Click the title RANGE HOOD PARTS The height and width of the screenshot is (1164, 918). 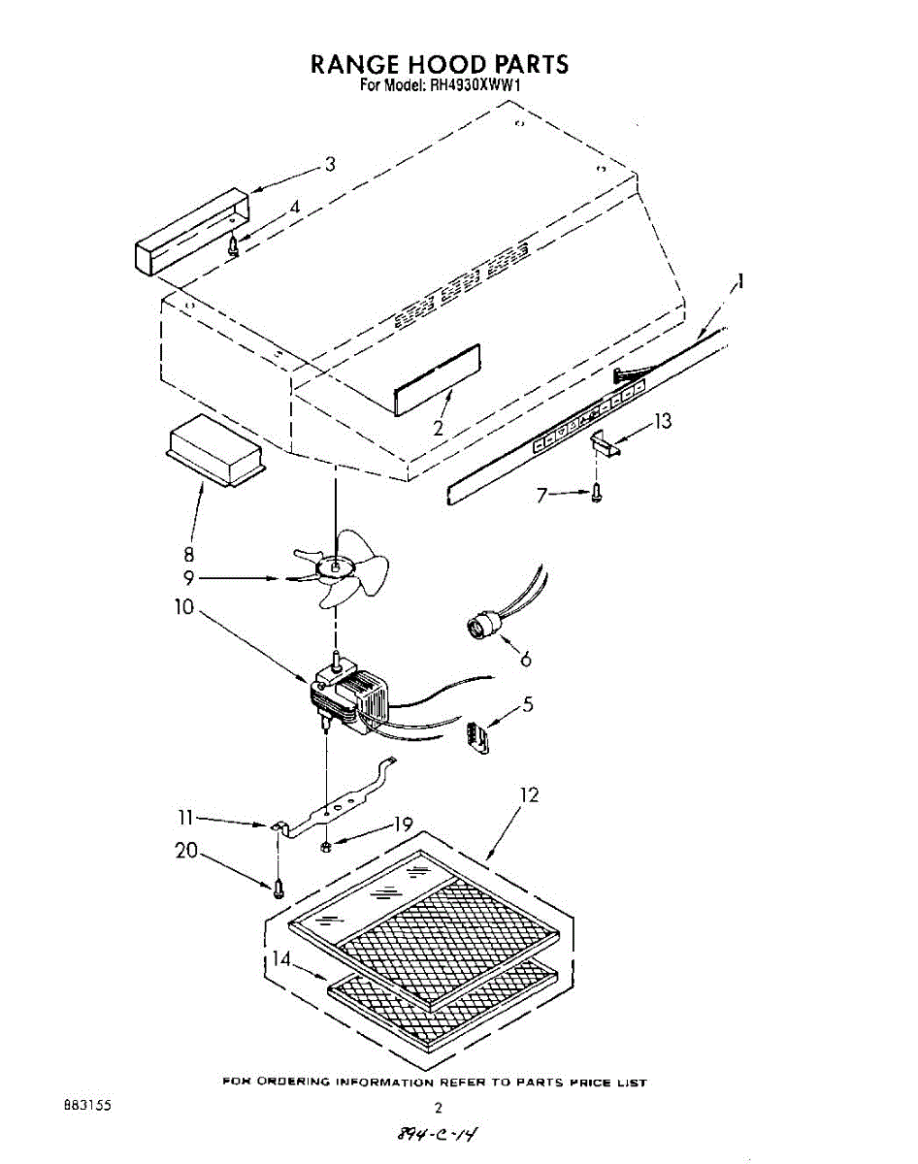tap(439, 64)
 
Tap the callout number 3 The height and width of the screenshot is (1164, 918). tap(330, 164)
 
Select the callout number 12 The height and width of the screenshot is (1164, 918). tap(529, 794)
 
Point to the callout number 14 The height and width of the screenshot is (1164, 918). tap(280, 959)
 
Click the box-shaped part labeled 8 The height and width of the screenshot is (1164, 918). tap(215, 450)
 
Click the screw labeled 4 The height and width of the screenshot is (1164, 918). tap(233, 245)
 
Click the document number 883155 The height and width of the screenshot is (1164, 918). tap(86, 1105)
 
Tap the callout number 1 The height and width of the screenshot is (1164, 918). tap(740, 282)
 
